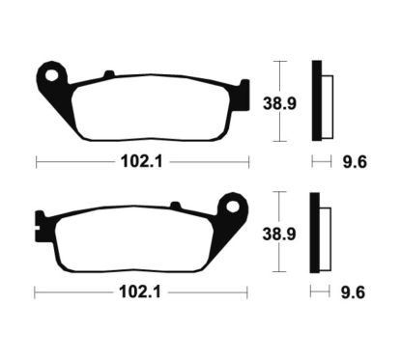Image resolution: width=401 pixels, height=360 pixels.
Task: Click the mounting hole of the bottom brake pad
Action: click(232, 205)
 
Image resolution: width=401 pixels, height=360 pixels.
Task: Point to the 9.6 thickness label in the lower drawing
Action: click(352, 290)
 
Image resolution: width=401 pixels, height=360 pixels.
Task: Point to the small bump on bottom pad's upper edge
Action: click(176, 204)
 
